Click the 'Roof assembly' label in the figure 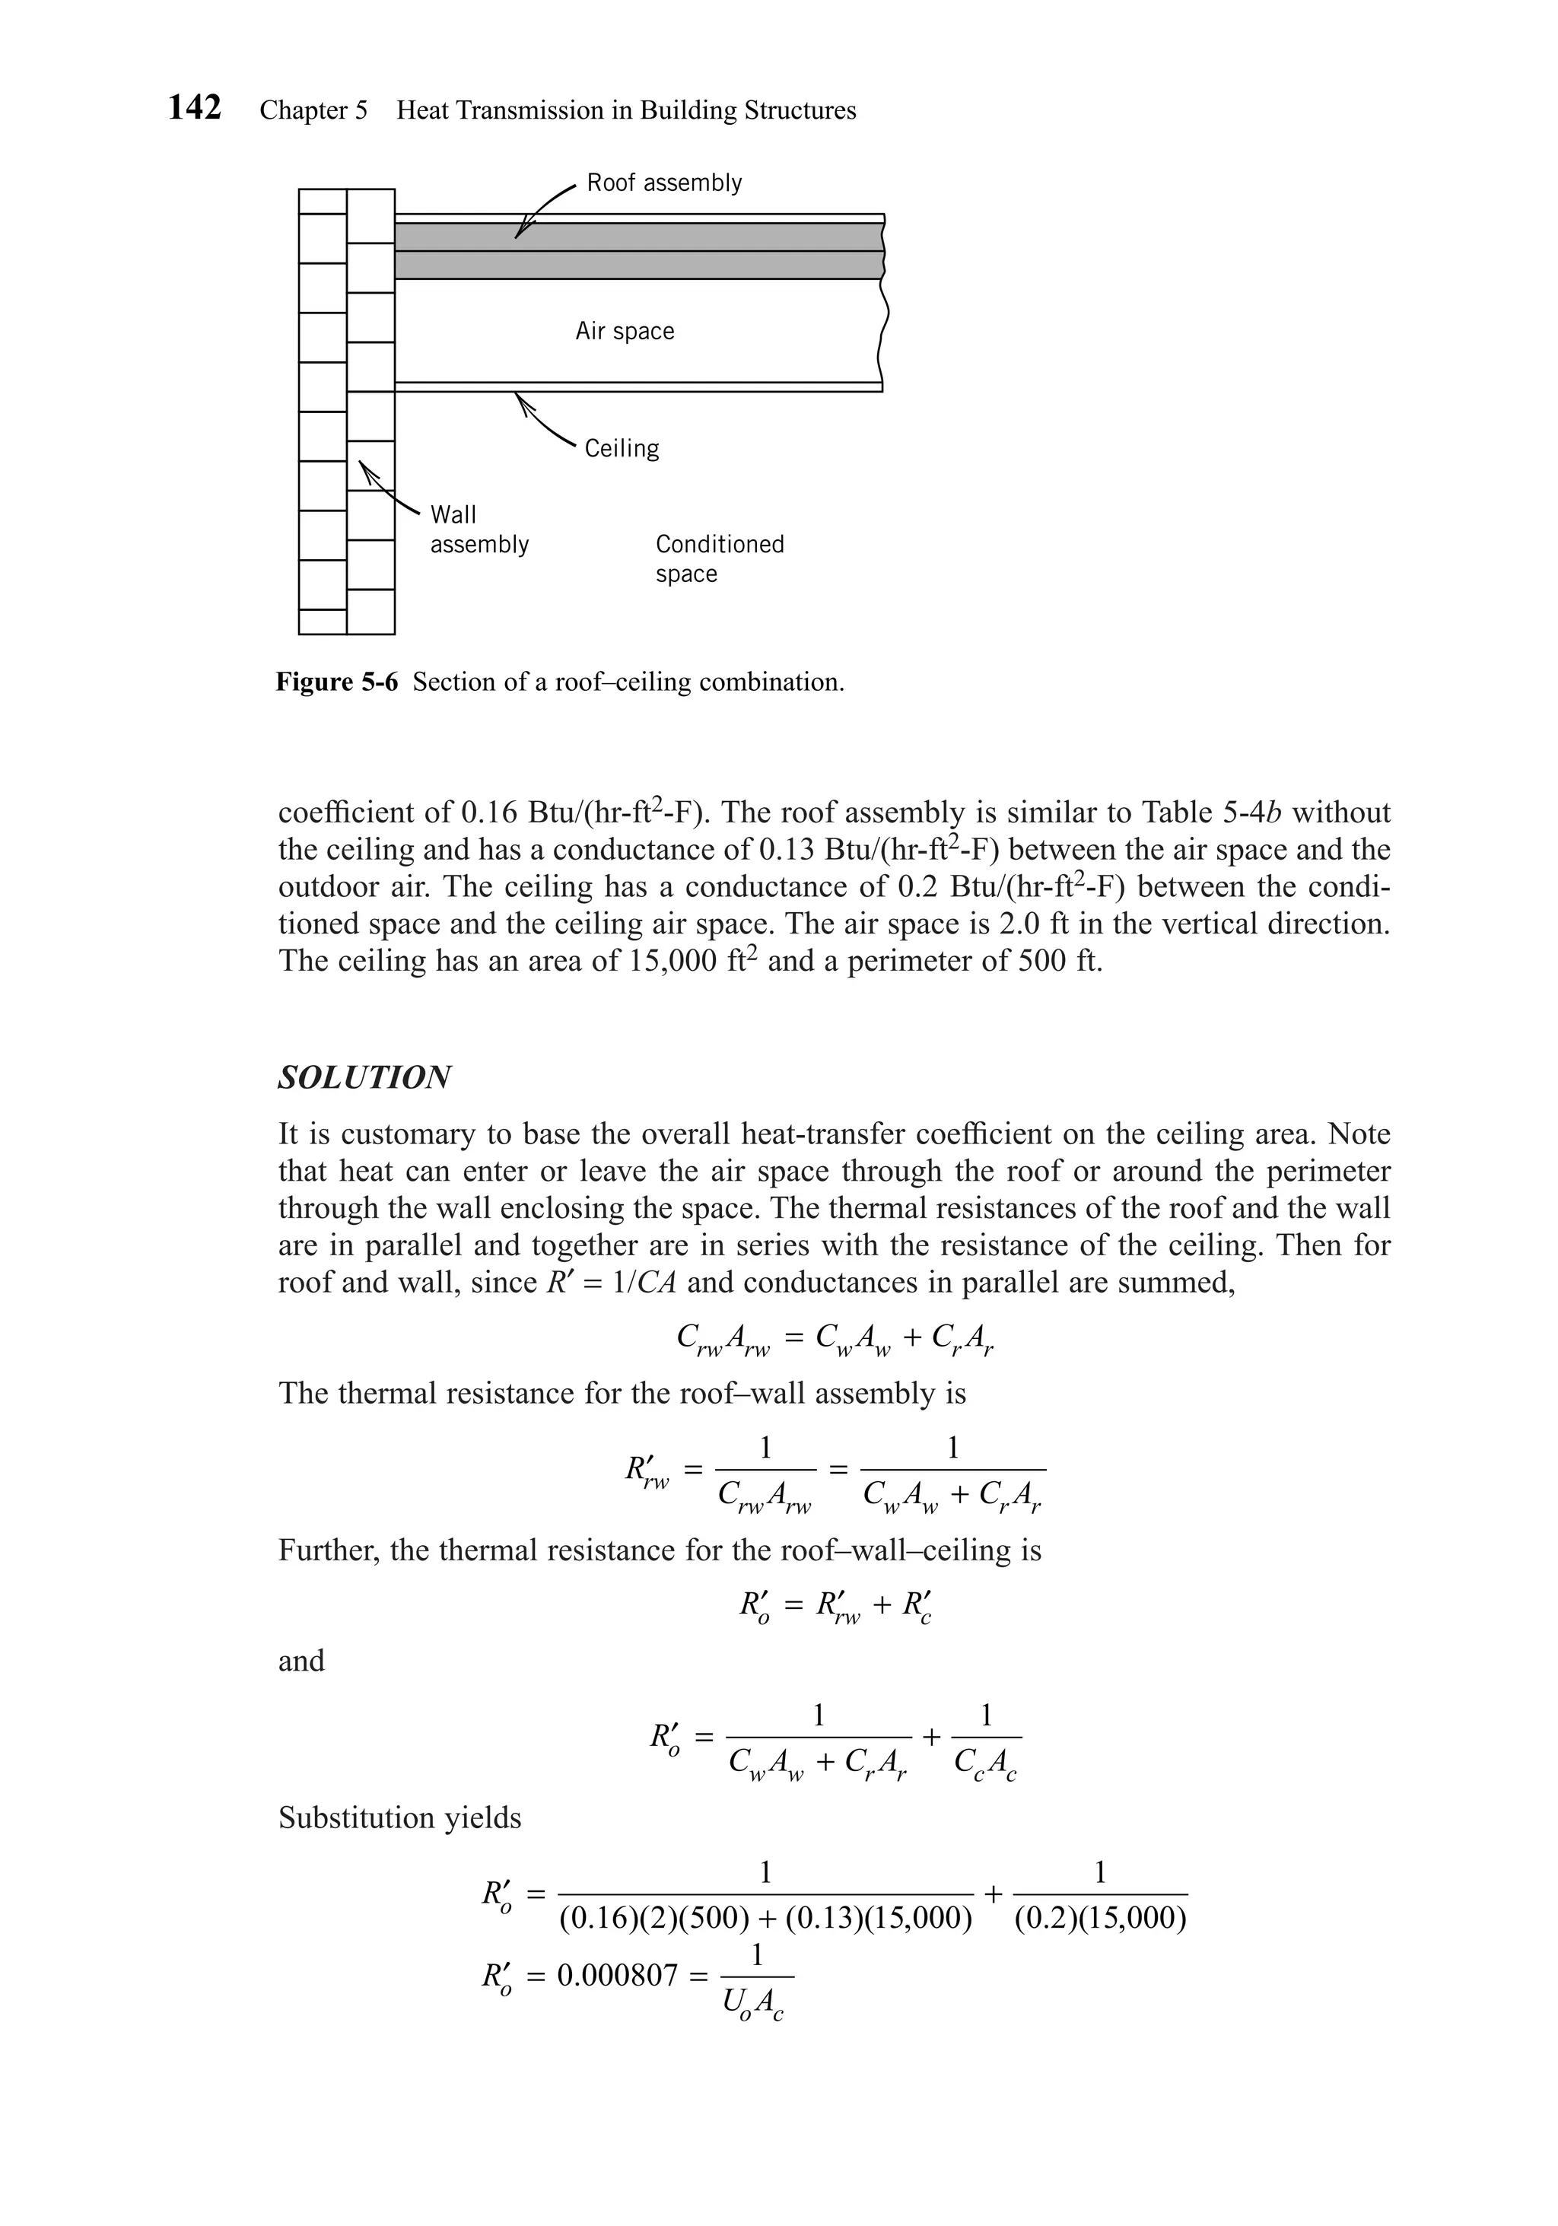click(x=664, y=183)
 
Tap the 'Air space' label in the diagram click(x=625, y=332)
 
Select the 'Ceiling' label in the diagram click(x=622, y=449)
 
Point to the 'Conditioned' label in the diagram click(x=720, y=544)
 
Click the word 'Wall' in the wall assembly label click(x=453, y=515)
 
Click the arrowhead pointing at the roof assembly click(x=520, y=231)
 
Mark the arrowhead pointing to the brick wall click(x=365, y=470)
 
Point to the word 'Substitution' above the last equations click(x=360, y=1817)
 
